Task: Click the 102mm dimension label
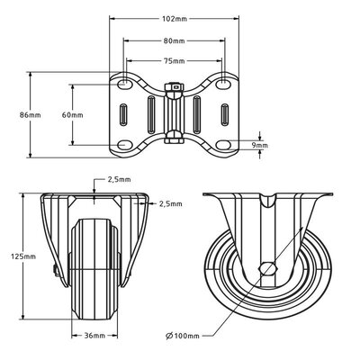coord(175,19)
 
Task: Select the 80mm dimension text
coord(174,40)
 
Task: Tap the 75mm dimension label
coord(174,61)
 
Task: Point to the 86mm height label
coord(31,114)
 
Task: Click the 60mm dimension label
coord(72,114)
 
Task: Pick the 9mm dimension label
coord(259,146)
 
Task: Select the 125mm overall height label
coord(23,256)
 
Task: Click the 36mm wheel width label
coord(94,335)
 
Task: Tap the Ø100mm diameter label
coord(183,336)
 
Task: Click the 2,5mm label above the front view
coord(119,179)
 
